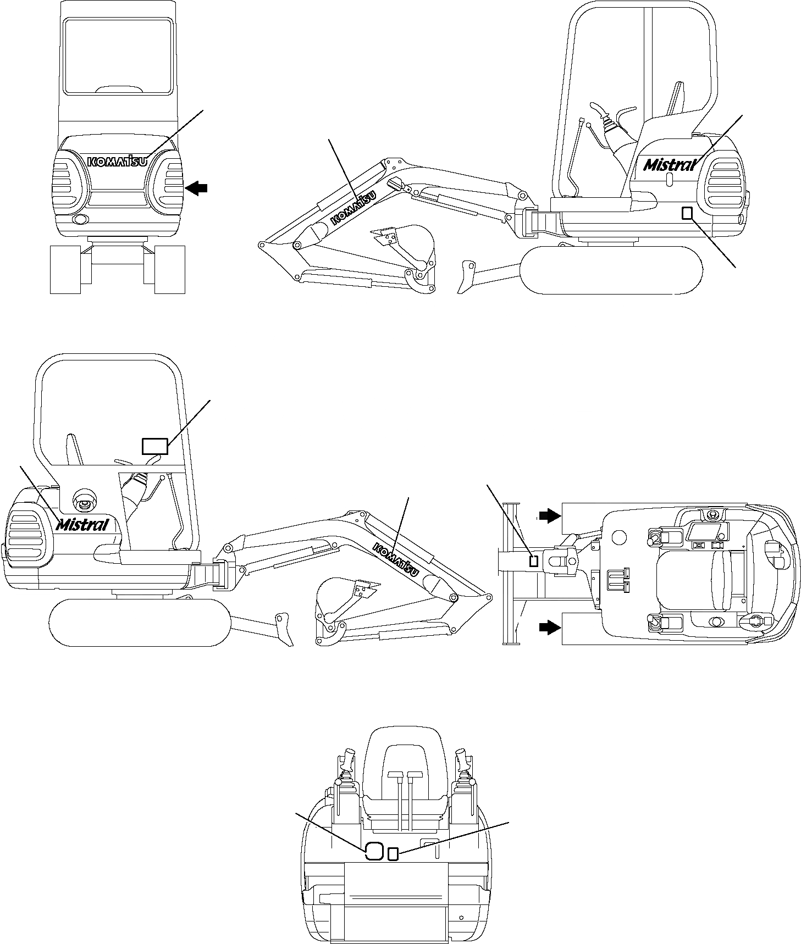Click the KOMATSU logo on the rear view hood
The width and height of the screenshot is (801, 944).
pyautogui.click(x=118, y=161)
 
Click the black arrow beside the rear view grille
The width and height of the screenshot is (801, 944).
pyautogui.click(x=196, y=188)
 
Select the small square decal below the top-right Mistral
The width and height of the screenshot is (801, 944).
pyautogui.click(x=687, y=213)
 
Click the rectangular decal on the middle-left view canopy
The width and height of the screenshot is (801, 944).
pyautogui.click(x=154, y=446)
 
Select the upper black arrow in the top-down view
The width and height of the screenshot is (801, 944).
pyautogui.click(x=549, y=515)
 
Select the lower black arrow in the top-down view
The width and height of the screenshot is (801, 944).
pyautogui.click(x=549, y=627)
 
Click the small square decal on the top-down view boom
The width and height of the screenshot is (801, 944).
pyautogui.click(x=533, y=561)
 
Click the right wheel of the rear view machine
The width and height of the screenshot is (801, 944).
pyautogui.click(x=169, y=269)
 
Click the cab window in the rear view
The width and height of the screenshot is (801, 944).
pyautogui.click(x=117, y=55)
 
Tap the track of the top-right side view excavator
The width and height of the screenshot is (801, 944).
pyautogui.click(x=612, y=270)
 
